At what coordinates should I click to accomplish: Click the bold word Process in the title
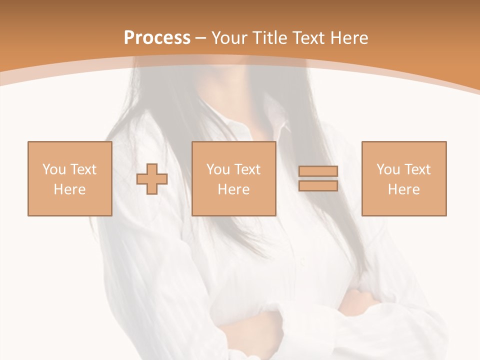click(x=157, y=38)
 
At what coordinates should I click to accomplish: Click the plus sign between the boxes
click(x=152, y=179)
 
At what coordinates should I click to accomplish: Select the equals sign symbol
click(x=318, y=178)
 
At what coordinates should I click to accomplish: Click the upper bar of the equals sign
click(x=318, y=171)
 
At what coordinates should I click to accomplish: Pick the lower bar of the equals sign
click(x=318, y=186)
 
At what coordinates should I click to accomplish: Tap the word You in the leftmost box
click(x=54, y=169)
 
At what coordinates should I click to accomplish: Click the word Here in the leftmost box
click(x=69, y=189)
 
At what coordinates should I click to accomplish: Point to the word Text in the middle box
click(x=247, y=169)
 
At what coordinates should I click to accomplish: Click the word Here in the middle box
click(x=233, y=189)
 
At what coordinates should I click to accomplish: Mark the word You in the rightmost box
click(x=388, y=169)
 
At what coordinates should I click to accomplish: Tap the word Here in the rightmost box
click(x=403, y=189)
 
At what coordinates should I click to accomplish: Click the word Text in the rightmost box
click(x=417, y=169)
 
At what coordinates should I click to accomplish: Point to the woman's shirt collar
click(x=277, y=120)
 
